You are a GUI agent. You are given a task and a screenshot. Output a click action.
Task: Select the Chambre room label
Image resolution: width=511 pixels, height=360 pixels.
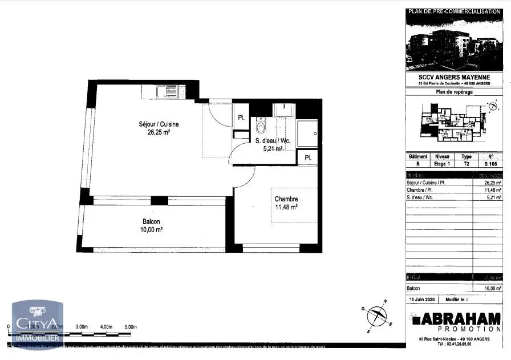[x=286, y=199]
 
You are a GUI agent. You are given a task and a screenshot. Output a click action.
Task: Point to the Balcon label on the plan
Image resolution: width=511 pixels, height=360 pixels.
[x=151, y=221]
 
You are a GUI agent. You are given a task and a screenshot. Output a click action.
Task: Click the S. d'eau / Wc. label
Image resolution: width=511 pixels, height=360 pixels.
[x=274, y=141]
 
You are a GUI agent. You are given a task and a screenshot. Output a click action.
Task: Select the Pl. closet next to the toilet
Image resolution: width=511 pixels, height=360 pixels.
[x=241, y=118]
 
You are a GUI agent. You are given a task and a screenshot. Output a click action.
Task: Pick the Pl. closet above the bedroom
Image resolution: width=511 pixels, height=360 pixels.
[x=308, y=157]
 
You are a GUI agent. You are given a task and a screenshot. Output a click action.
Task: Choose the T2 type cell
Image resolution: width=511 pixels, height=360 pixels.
[x=466, y=164]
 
